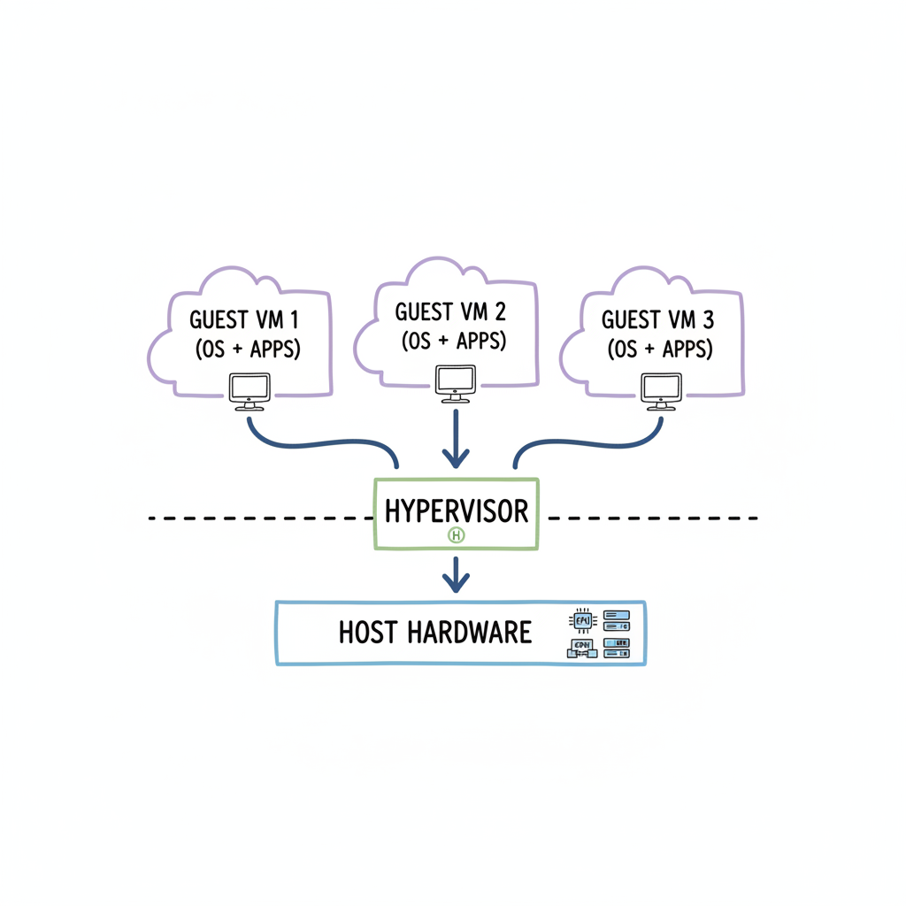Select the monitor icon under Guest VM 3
(x=661, y=389)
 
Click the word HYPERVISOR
(x=457, y=511)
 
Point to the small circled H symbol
(x=457, y=535)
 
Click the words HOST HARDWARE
(x=435, y=632)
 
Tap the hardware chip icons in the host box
(x=598, y=633)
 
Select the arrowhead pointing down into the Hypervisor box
(x=456, y=459)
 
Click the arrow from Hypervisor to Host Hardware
(x=456, y=575)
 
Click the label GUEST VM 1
(x=244, y=319)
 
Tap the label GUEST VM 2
(x=451, y=311)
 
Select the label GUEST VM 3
(x=660, y=319)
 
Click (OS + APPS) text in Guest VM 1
(x=248, y=349)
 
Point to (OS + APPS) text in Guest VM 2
(x=453, y=341)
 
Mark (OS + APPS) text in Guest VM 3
(x=660, y=349)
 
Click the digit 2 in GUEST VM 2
(x=500, y=311)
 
